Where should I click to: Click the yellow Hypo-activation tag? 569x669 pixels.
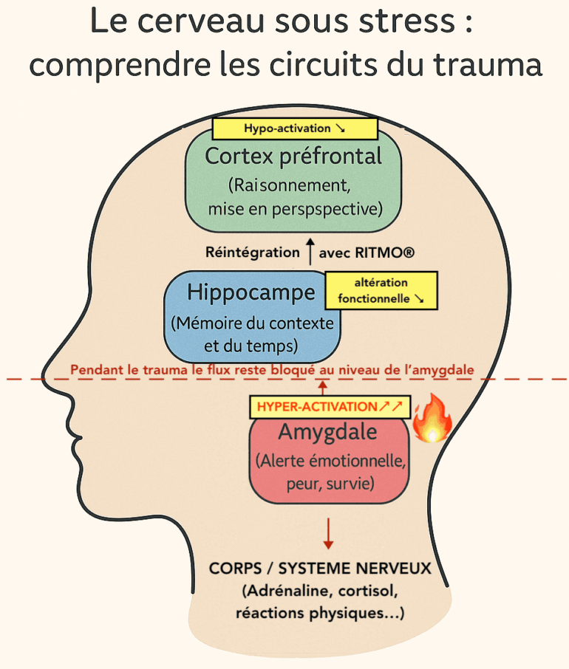[294, 128]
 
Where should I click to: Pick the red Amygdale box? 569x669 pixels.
[327, 458]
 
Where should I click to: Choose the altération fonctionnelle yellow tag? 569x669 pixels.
[381, 291]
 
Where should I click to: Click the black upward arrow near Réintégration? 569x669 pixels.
[310, 251]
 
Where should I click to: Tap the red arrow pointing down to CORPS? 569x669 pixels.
[328, 532]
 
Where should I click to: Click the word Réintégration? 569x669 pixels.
[253, 252]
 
